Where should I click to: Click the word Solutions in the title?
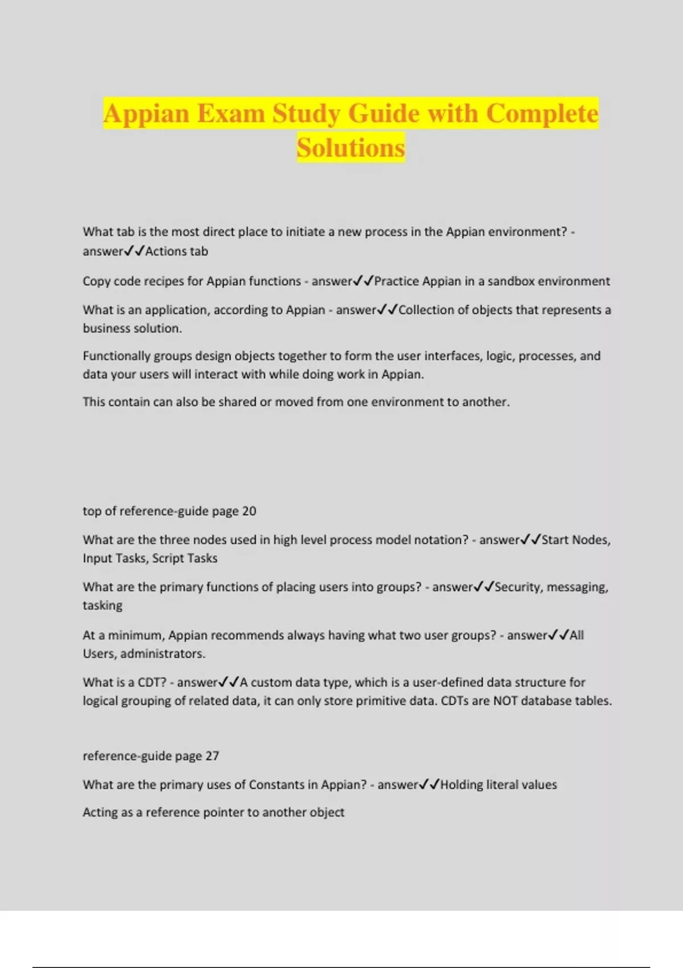point(351,147)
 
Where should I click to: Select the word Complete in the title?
point(542,113)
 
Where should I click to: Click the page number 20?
point(249,511)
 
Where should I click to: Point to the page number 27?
point(212,756)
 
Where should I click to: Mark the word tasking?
point(102,605)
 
